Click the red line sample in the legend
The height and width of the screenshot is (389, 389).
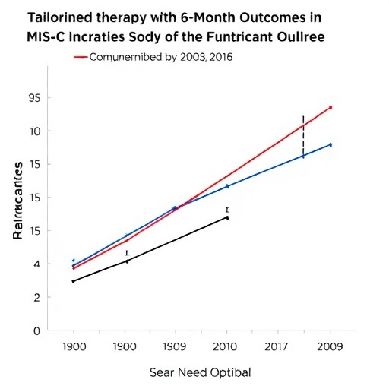[80, 56]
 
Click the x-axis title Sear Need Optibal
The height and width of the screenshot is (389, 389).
[200, 372]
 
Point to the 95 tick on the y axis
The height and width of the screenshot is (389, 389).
[35, 98]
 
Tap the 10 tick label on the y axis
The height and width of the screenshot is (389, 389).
[35, 131]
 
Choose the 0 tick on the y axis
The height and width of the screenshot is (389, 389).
[36, 330]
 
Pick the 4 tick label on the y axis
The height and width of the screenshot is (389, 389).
[36, 264]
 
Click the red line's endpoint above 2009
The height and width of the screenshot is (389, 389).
[330, 108]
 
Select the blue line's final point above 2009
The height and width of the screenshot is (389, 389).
[330, 144]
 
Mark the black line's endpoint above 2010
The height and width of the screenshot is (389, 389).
[227, 217]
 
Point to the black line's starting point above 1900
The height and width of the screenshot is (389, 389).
[73, 281]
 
